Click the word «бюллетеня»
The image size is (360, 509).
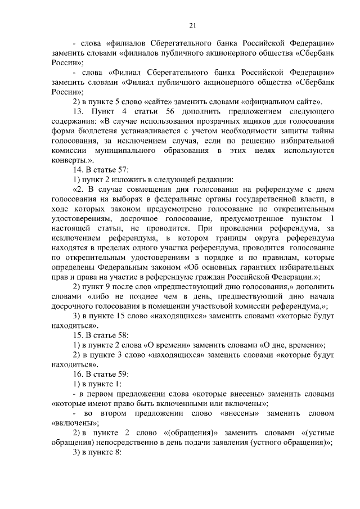(93, 132)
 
